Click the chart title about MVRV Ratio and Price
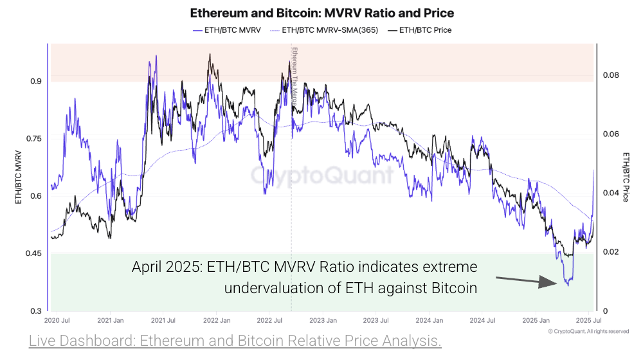click(321, 13)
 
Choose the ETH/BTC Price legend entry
click(425, 30)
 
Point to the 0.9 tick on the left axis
click(35, 82)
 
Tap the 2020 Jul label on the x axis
click(58, 320)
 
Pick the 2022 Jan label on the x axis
click(217, 320)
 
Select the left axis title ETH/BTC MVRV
click(19, 176)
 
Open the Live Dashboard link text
click(235, 341)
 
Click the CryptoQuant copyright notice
click(588, 331)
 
